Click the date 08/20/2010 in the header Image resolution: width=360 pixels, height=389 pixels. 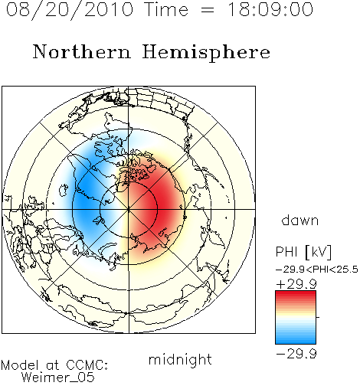tap(70, 10)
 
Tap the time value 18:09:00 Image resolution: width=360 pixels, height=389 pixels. tap(270, 9)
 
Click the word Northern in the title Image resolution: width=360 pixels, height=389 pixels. tap(82, 51)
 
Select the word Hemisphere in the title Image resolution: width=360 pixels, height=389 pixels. tap(206, 52)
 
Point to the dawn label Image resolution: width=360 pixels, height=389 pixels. tap(300, 220)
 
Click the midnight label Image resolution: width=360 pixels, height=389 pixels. tap(180, 360)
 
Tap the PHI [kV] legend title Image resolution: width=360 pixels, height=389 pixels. tap(303, 252)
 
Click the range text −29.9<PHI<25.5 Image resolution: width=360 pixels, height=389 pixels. tap(316, 270)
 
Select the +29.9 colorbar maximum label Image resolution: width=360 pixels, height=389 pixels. tap(296, 284)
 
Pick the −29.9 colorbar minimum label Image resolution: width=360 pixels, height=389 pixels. tap(296, 354)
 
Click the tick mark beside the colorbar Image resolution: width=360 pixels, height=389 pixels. tap(318, 317)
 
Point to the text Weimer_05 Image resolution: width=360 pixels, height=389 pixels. tap(58, 378)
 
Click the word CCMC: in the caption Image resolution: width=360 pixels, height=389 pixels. tap(87, 365)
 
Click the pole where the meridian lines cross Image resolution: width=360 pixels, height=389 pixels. tap(129, 209)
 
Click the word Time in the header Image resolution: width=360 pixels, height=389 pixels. tap(166, 10)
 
